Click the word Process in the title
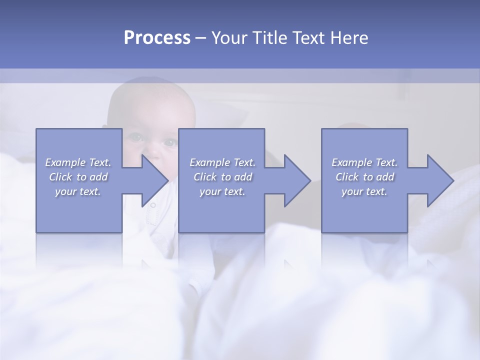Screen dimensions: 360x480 (x=157, y=38)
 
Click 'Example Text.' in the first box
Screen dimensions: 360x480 (x=78, y=162)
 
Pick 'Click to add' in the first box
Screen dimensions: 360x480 (x=78, y=177)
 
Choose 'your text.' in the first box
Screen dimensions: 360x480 (x=78, y=191)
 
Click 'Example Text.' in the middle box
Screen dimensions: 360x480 (x=222, y=162)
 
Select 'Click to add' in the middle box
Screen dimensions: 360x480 (x=222, y=177)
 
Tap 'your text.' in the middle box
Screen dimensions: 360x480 (x=222, y=191)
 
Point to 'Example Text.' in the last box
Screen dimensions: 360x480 (x=364, y=162)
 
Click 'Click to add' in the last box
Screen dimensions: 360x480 (x=364, y=177)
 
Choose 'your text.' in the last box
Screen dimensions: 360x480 (x=364, y=191)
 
